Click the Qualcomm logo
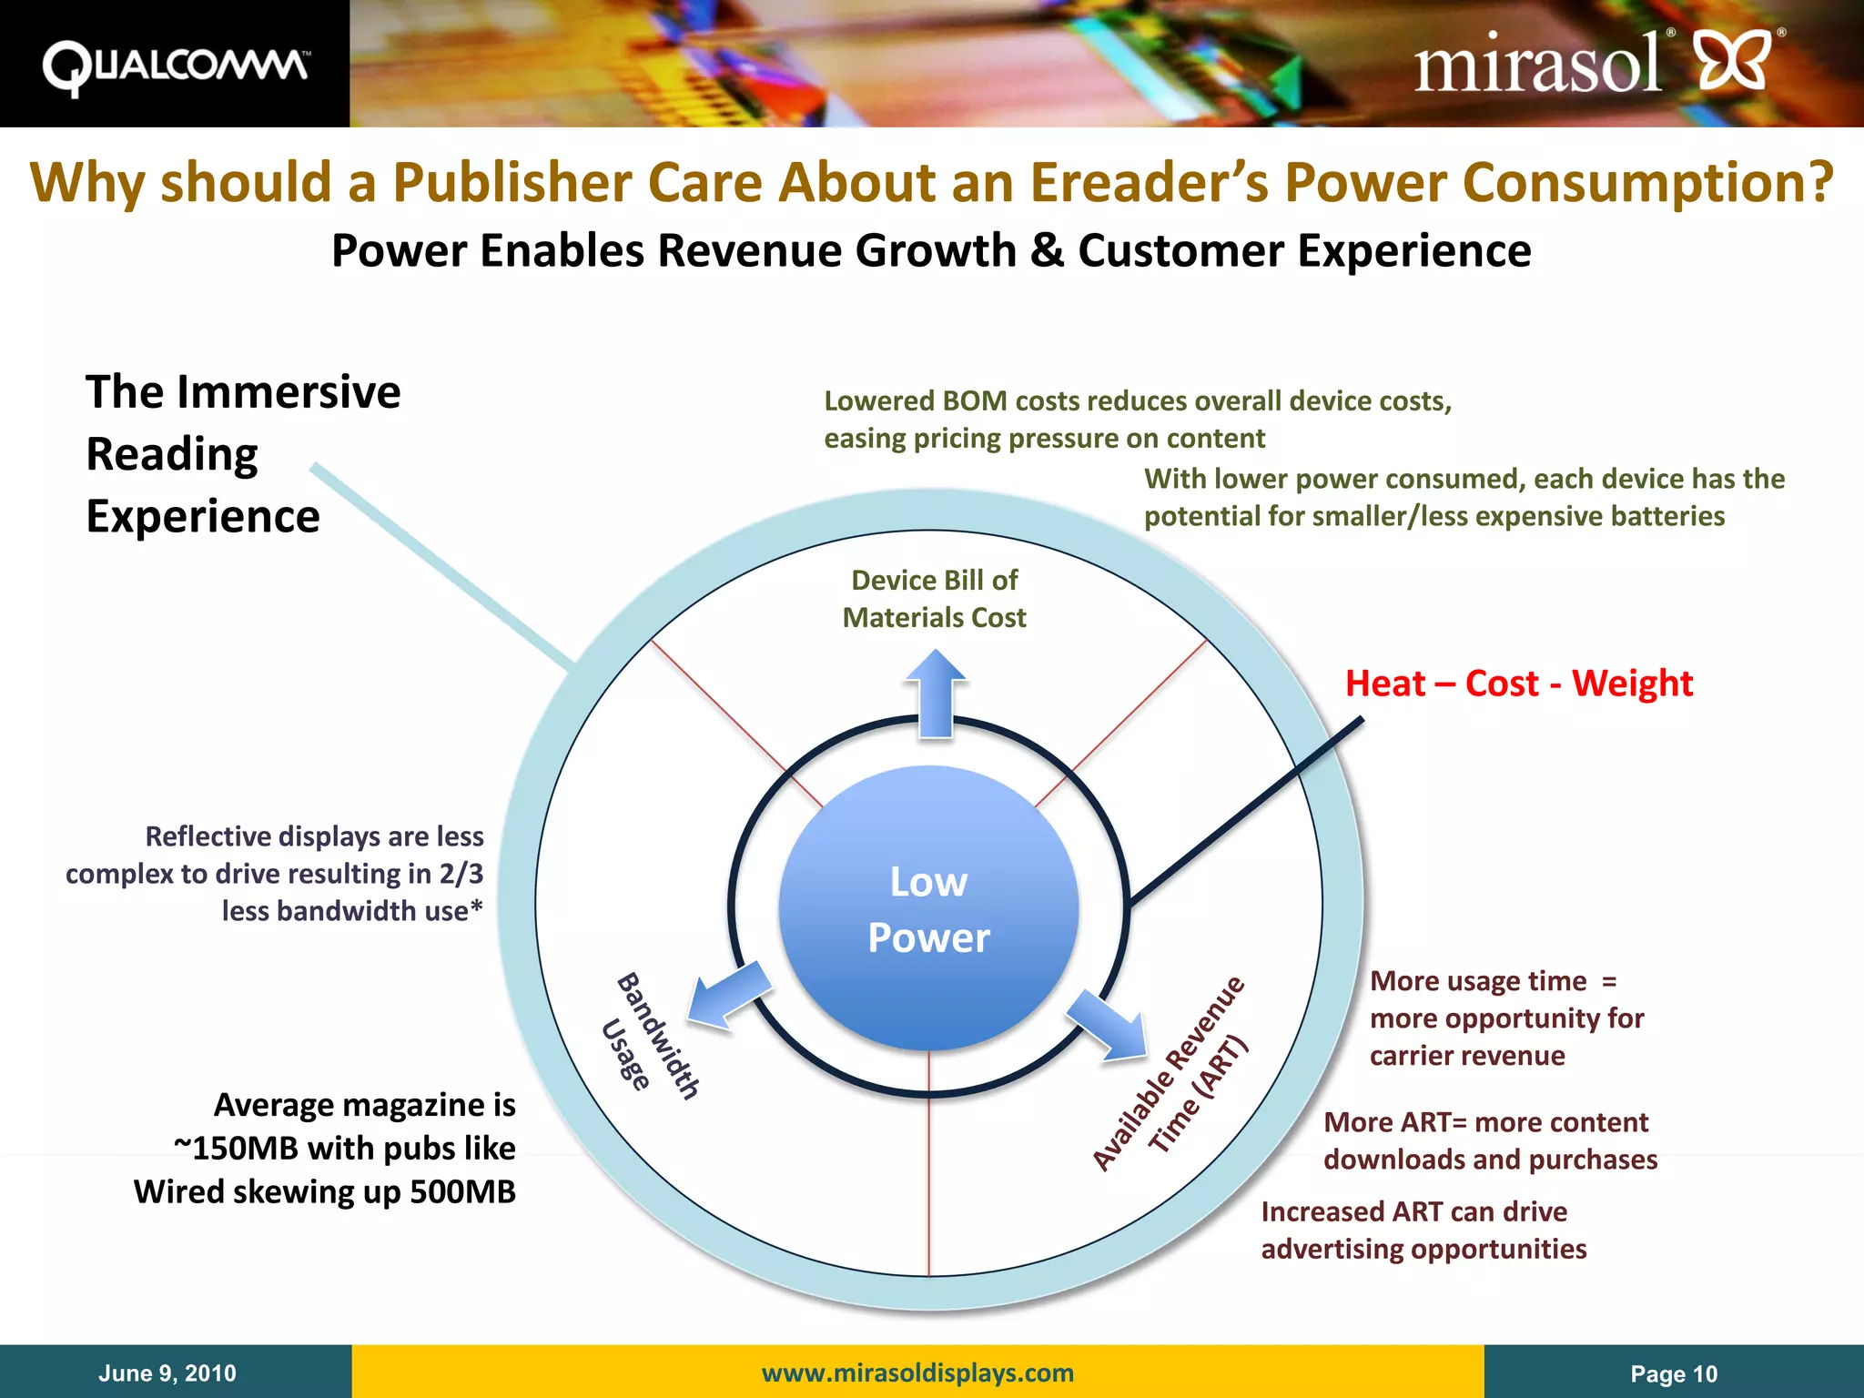click(x=175, y=66)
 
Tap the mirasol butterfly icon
click(x=1734, y=60)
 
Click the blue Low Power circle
click(x=928, y=908)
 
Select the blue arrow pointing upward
click(x=936, y=692)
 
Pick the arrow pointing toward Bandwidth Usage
click(x=729, y=995)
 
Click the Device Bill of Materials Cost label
click(x=935, y=599)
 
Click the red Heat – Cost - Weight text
click(x=1518, y=684)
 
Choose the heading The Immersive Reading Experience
click(x=242, y=453)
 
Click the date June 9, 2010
click(x=167, y=1373)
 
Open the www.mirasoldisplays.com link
click(x=917, y=1373)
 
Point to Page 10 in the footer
click(x=1673, y=1373)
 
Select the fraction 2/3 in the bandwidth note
click(x=461, y=874)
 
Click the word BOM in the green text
click(x=975, y=401)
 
